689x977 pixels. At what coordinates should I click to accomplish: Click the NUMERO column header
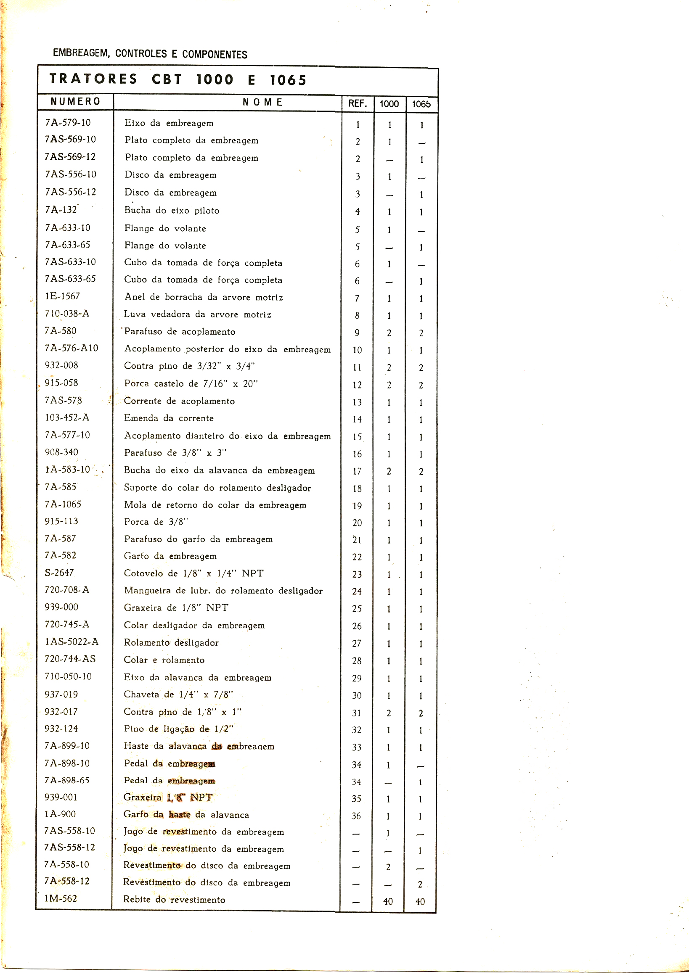75,101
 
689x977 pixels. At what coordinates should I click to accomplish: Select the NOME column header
262,102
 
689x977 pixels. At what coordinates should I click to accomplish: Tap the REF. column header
357,103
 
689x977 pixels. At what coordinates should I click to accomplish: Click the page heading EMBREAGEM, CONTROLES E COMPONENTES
150,54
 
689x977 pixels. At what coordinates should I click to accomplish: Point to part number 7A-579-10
68,123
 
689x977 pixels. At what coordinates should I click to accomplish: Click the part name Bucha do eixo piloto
172,210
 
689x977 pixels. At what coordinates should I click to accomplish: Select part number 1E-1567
63,296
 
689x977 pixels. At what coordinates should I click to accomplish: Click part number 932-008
61,365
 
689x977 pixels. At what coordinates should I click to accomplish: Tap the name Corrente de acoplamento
179,401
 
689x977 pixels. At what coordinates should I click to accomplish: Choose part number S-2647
59,573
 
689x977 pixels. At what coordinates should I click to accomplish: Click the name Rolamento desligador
171,642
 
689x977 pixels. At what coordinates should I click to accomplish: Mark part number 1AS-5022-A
72,642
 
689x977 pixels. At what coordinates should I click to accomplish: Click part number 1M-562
61,898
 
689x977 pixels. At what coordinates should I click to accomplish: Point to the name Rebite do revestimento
174,900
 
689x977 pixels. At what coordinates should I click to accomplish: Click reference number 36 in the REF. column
356,816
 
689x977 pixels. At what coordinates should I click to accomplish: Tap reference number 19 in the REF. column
357,506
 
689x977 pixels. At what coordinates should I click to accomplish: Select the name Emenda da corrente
169,418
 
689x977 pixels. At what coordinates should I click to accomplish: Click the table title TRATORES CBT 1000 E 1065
178,79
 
